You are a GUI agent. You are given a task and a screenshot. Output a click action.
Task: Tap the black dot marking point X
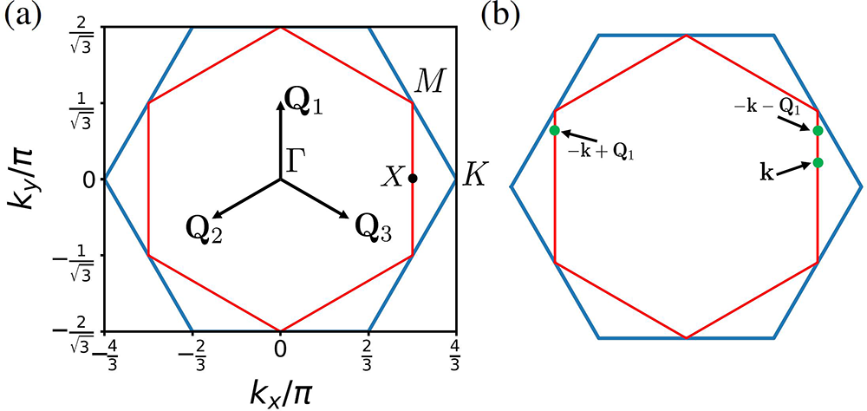pyautogui.click(x=413, y=179)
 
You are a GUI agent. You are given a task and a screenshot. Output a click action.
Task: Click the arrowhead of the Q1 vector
pyautogui.click(x=280, y=103)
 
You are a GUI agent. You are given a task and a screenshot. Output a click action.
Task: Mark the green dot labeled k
pyautogui.click(x=818, y=163)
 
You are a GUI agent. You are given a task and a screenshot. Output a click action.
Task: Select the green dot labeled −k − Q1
pyautogui.click(x=818, y=130)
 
